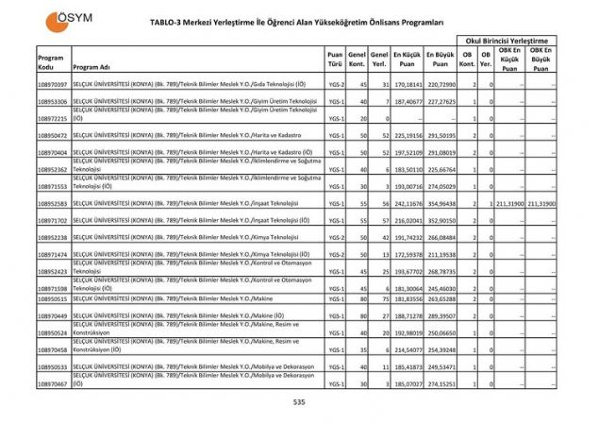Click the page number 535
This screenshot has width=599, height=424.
pyautogui.click(x=299, y=402)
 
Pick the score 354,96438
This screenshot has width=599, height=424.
pyautogui.click(x=440, y=203)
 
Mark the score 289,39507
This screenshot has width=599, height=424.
pyautogui.click(x=440, y=315)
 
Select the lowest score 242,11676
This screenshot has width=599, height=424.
pyautogui.click(x=407, y=203)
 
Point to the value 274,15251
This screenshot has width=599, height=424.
pyautogui.click(x=440, y=383)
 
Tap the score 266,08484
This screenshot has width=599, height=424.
pyautogui.click(x=440, y=237)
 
